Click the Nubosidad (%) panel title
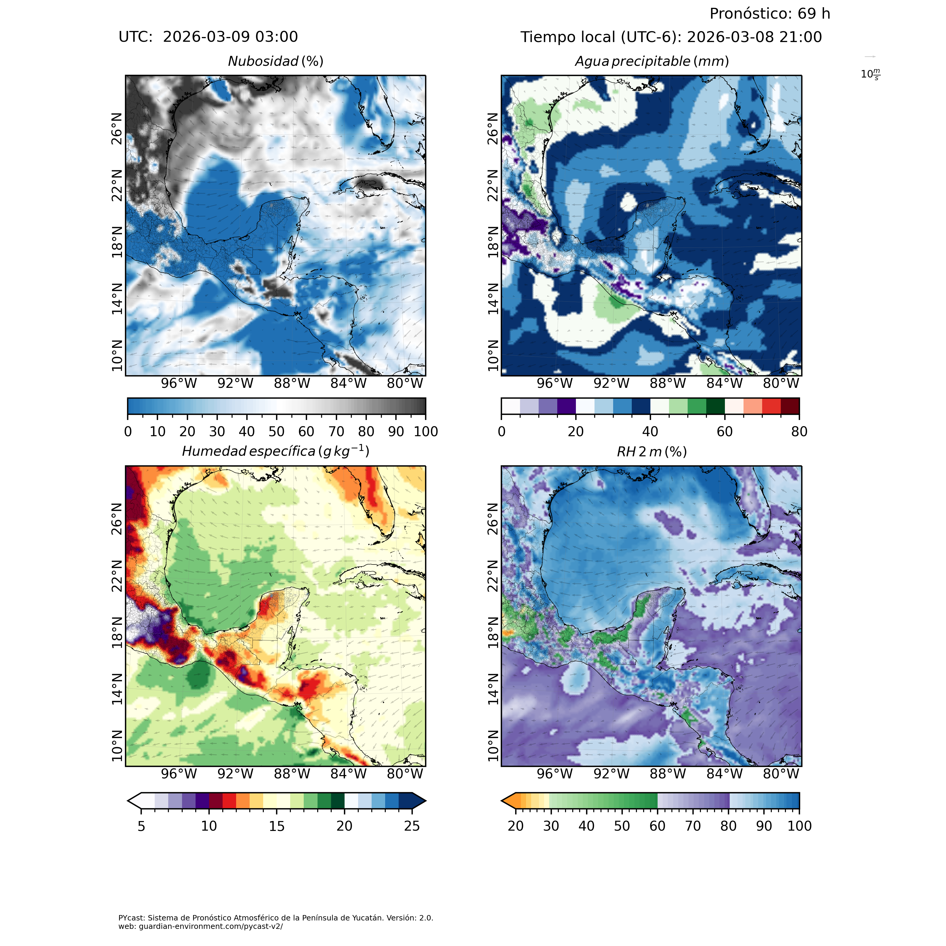276,62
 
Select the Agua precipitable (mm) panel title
652,62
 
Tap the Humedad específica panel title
276,451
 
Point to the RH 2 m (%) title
652,452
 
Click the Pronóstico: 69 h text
770,14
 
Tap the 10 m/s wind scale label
870,75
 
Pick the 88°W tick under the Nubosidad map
292,383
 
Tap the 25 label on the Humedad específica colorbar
412,826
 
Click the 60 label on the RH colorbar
657,826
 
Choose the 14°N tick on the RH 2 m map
493,689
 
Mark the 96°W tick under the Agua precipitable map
555,383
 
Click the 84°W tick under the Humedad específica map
348,774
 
